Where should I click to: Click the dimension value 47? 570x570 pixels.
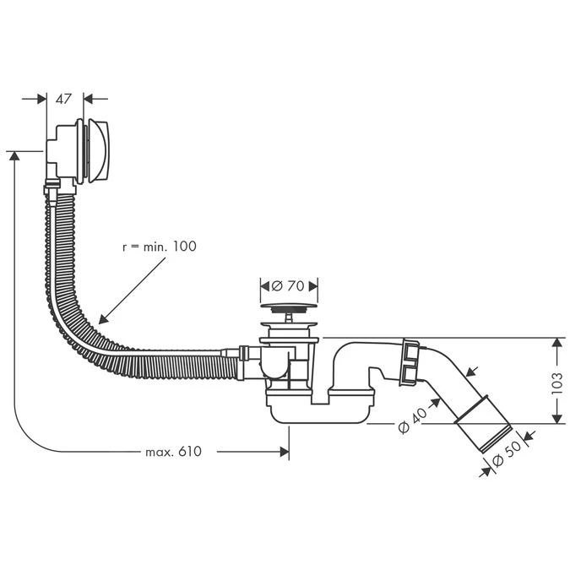(63, 99)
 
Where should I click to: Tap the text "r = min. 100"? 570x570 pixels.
(158, 247)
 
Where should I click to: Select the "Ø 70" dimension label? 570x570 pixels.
(288, 285)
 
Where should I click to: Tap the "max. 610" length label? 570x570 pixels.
(173, 452)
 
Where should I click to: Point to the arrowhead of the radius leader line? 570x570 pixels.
(102, 320)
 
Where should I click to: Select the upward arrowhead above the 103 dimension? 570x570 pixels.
(556, 345)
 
